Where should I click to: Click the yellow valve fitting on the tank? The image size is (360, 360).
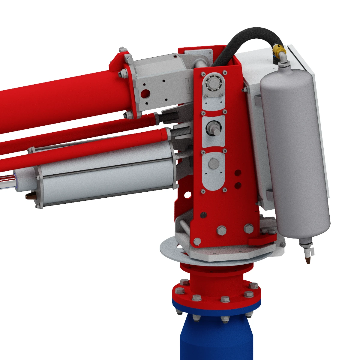pyautogui.click(x=279, y=52)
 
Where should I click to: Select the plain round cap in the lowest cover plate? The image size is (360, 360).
pyautogui.click(x=214, y=164)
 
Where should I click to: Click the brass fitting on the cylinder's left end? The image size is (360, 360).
pyautogui.click(x=30, y=197)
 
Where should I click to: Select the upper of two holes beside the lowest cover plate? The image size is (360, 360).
pyautogui.click(x=238, y=173)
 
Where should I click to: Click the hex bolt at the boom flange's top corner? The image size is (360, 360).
pyautogui.click(x=122, y=49)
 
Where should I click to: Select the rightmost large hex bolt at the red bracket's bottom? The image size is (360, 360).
pyautogui.click(x=249, y=229)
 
